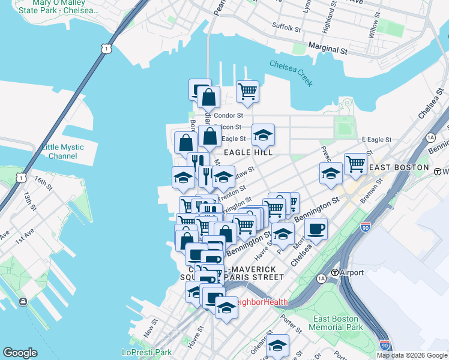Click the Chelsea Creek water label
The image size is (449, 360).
(x=291, y=73)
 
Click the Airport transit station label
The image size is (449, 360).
(x=351, y=272)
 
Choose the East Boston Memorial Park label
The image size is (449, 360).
(x=336, y=323)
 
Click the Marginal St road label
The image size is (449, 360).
(x=328, y=47)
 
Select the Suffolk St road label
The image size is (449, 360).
(x=286, y=27)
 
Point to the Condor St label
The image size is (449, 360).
(x=228, y=115)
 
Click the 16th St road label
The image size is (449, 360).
(x=43, y=182)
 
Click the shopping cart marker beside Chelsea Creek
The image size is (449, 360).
(x=247, y=92)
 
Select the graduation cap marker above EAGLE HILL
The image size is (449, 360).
(x=263, y=135)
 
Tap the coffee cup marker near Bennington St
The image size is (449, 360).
(x=316, y=229)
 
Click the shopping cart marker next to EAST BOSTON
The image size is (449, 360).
(x=355, y=164)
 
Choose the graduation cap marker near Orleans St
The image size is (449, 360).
(x=277, y=346)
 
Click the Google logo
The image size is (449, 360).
(x=20, y=353)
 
